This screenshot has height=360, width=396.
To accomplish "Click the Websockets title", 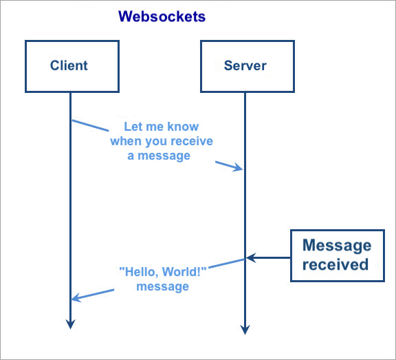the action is [x=162, y=17].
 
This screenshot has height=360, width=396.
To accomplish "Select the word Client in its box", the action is [x=69, y=65].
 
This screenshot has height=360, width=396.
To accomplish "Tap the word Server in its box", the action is [x=245, y=65].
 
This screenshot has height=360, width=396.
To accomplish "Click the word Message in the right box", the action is [x=337, y=246].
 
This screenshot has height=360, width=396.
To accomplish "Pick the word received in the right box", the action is [x=335, y=264].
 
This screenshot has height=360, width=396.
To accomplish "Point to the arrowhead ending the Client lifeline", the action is [x=70, y=324].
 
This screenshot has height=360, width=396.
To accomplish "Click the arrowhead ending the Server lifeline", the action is [x=245, y=330].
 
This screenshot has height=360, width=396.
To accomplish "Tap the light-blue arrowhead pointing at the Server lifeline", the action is [x=238, y=167].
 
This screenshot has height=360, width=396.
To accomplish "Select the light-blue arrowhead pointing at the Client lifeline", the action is [x=76, y=297].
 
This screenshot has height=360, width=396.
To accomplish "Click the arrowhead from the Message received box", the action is [x=251, y=257].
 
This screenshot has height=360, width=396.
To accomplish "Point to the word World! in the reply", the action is [x=184, y=272].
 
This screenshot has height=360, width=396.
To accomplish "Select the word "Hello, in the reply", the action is [x=139, y=272].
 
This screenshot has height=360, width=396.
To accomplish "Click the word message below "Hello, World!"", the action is [x=163, y=286].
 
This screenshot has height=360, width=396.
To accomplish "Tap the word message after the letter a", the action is [x=164, y=156].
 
